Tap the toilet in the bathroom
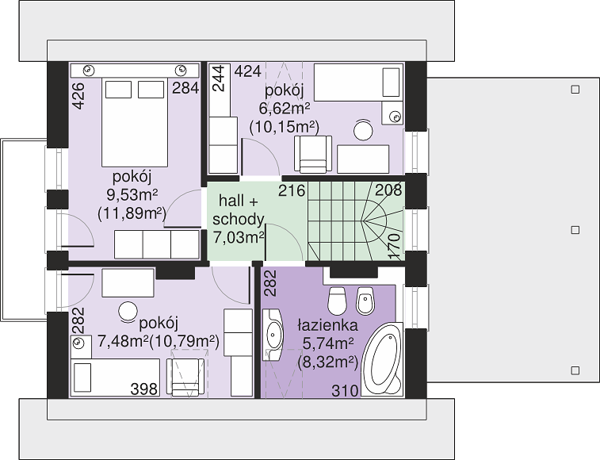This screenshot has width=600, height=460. click(338, 301)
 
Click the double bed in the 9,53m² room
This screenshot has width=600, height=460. click(135, 122)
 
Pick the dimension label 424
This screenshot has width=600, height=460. click(247, 71)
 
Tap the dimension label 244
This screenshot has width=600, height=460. click(218, 79)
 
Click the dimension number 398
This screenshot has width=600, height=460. click(144, 389)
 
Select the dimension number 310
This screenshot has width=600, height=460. click(345, 391)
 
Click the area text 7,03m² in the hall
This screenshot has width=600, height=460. click(239, 238)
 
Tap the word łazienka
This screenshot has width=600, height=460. click(328, 325)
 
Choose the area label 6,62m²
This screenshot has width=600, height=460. click(285, 109)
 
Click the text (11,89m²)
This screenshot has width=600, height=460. click(132, 213)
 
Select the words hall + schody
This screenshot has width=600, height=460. click(239, 210)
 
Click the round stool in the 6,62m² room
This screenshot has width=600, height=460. click(363, 130)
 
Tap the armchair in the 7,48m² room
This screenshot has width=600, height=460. click(185, 377)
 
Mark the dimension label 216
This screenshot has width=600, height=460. click(292, 190)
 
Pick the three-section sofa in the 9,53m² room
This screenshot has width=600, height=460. click(157, 245)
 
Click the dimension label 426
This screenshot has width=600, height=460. click(78, 96)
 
